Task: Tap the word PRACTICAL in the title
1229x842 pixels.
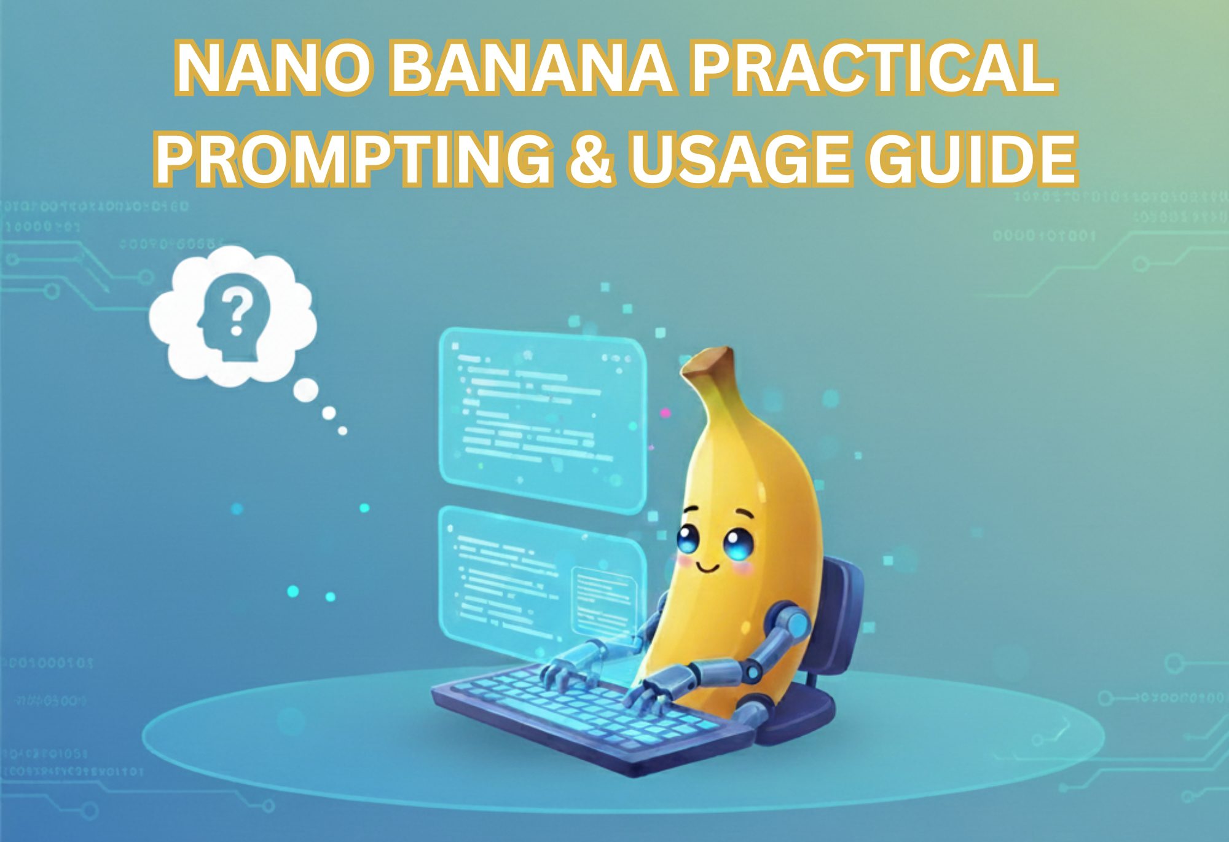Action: (x=873, y=68)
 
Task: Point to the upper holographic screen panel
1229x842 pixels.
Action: (x=541, y=418)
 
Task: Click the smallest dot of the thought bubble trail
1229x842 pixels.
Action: (x=343, y=431)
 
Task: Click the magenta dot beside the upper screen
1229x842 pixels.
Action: (x=664, y=414)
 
